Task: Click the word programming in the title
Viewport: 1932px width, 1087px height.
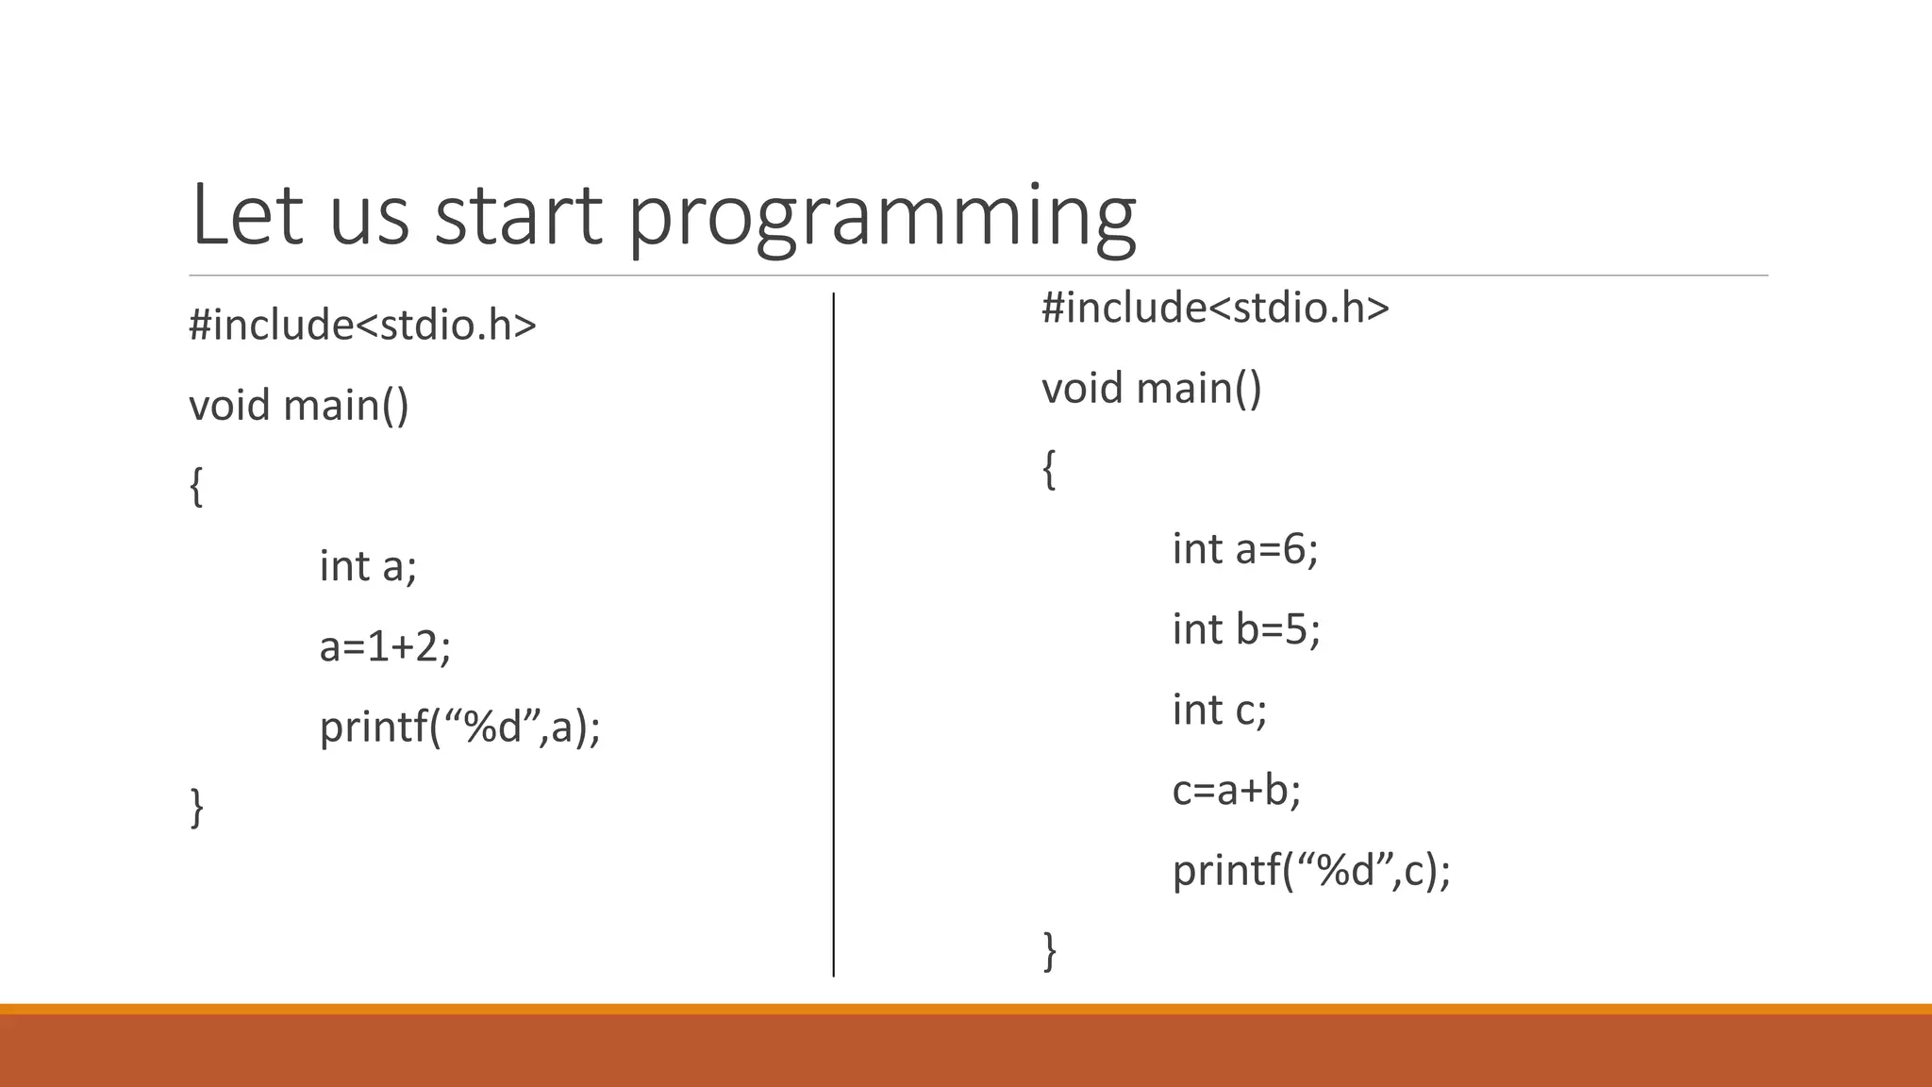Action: pyautogui.click(x=882, y=219)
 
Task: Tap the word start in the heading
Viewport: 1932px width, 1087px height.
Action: pyautogui.click(x=517, y=217)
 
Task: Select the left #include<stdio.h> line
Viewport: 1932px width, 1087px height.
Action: pyautogui.click(x=362, y=326)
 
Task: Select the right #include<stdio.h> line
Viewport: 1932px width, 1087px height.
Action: pyautogui.click(x=1215, y=309)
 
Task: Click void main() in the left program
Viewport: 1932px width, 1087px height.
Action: pyautogui.click(x=299, y=406)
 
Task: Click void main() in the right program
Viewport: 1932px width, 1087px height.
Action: pyautogui.click(x=1151, y=389)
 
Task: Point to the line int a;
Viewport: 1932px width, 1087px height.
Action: pyautogui.click(x=367, y=566)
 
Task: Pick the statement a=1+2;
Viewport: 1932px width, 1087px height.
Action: pyautogui.click(x=385, y=647)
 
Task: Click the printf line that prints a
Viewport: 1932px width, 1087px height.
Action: pyautogui.click(x=459, y=727)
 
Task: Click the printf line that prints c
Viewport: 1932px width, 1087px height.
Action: pyautogui.click(x=1310, y=870)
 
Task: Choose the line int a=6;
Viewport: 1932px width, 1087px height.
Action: pyautogui.click(x=1244, y=549)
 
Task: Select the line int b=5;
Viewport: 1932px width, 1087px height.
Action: pyautogui.click(x=1245, y=629)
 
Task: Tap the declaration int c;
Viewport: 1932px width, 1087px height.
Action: pyautogui.click(x=1219, y=710)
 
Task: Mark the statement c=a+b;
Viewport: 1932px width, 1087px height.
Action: pyautogui.click(x=1236, y=790)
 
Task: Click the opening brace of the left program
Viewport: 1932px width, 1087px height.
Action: pyautogui.click(x=196, y=487)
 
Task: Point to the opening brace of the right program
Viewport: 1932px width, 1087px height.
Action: pyautogui.click(x=1048, y=470)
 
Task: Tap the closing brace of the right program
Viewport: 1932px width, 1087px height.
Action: pyautogui.click(x=1049, y=951)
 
